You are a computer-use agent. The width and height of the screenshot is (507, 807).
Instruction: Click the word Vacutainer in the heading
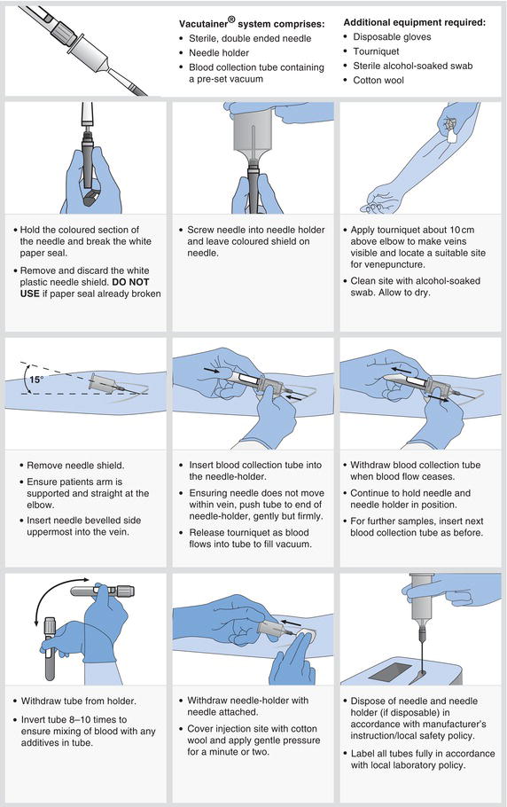204,24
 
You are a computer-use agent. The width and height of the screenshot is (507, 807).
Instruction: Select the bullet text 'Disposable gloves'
392,37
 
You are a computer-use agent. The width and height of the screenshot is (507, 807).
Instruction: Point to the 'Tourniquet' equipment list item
376,51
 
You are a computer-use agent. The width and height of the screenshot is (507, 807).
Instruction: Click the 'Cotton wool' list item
378,81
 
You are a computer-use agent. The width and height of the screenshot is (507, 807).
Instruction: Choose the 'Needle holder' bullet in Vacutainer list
219,52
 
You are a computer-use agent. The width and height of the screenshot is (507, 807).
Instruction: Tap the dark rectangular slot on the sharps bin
390,670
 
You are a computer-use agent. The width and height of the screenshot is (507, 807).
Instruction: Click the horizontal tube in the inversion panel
102,591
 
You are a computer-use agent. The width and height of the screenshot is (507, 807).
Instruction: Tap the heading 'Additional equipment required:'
415,23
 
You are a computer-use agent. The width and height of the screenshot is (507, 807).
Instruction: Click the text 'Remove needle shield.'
75,466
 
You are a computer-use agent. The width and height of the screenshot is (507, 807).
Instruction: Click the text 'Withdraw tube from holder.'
78,701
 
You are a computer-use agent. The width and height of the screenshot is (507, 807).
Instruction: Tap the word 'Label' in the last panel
363,754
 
